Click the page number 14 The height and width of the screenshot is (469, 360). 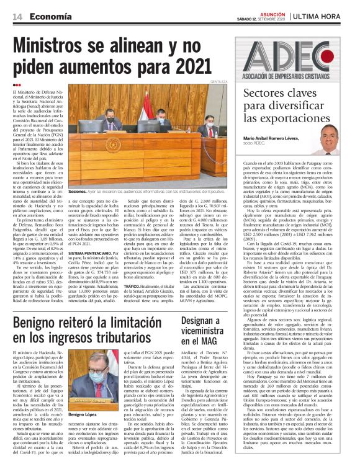[17, 17]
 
